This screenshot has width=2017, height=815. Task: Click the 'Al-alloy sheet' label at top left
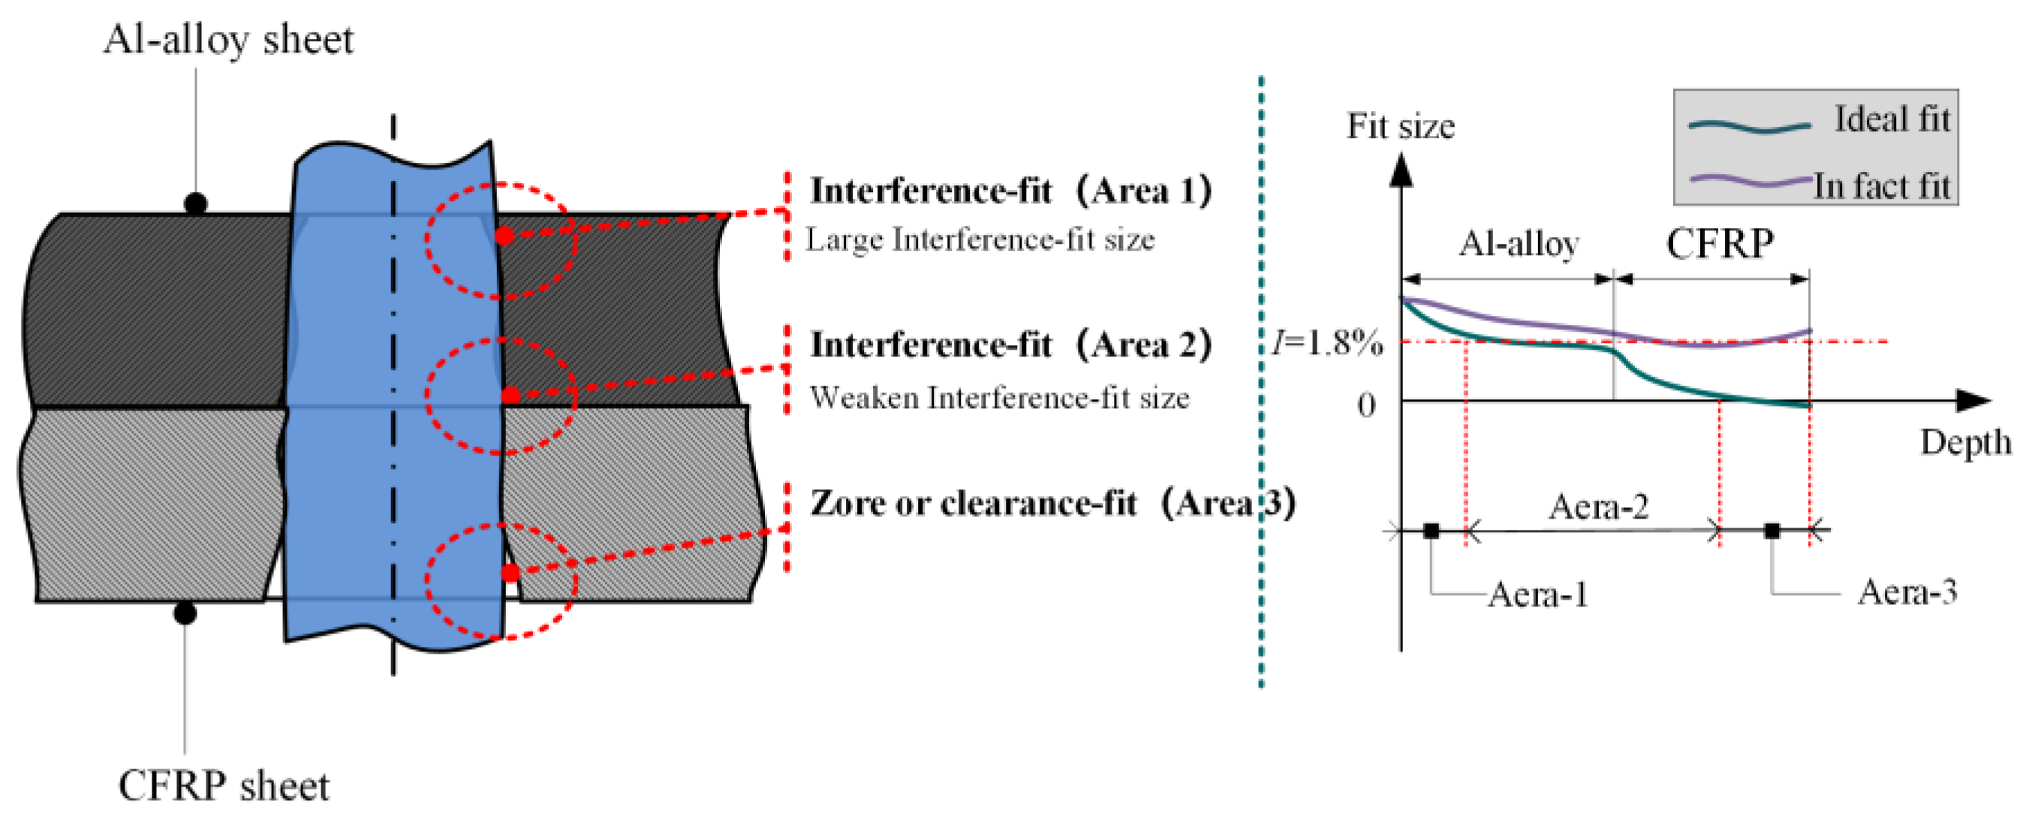click(228, 39)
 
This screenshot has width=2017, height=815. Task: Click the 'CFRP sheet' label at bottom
click(224, 785)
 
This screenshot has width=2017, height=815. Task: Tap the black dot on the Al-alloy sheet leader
click(195, 203)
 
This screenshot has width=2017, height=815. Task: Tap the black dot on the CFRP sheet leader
click(185, 613)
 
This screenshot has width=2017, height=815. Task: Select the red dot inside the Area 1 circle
click(505, 236)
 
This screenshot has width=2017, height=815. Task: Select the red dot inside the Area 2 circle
click(510, 395)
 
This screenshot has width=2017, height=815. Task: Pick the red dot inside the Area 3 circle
click(510, 573)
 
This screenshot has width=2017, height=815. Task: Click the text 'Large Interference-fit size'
click(980, 239)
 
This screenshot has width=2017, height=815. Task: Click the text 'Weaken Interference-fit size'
click(999, 398)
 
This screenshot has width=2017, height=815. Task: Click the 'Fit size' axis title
click(1400, 126)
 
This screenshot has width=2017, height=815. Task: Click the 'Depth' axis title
click(1964, 442)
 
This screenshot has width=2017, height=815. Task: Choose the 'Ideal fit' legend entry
click(1892, 120)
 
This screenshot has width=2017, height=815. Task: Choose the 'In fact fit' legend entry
click(1881, 186)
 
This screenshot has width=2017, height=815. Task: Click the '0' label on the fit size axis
click(1365, 404)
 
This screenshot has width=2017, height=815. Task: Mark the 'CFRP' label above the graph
click(1720, 243)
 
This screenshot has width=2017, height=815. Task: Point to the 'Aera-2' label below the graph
click(1598, 507)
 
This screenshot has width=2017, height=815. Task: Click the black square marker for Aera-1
click(1431, 531)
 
